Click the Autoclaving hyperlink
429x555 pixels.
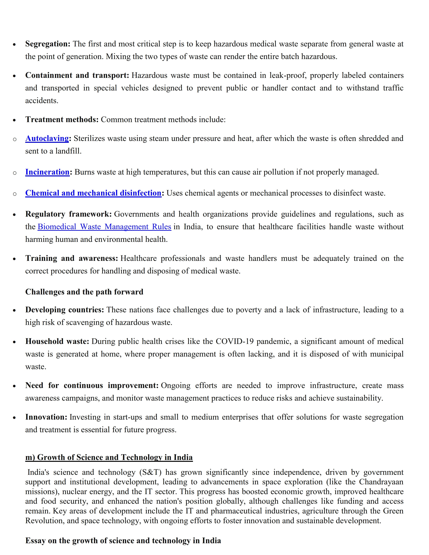(x=47, y=138)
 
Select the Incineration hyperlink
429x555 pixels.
(x=47, y=172)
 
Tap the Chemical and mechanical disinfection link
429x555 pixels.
(x=93, y=193)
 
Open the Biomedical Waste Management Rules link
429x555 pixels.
(x=104, y=227)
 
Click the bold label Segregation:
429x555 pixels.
(x=47, y=44)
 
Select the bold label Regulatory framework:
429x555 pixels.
(x=68, y=214)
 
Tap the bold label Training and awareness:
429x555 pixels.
(x=71, y=258)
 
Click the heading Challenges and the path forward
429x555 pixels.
(x=84, y=292)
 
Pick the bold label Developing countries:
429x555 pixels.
(x=65, y=310)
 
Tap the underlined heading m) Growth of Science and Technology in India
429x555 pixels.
(x=109, y=457)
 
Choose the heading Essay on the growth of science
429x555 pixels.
(x=123, y=541)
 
